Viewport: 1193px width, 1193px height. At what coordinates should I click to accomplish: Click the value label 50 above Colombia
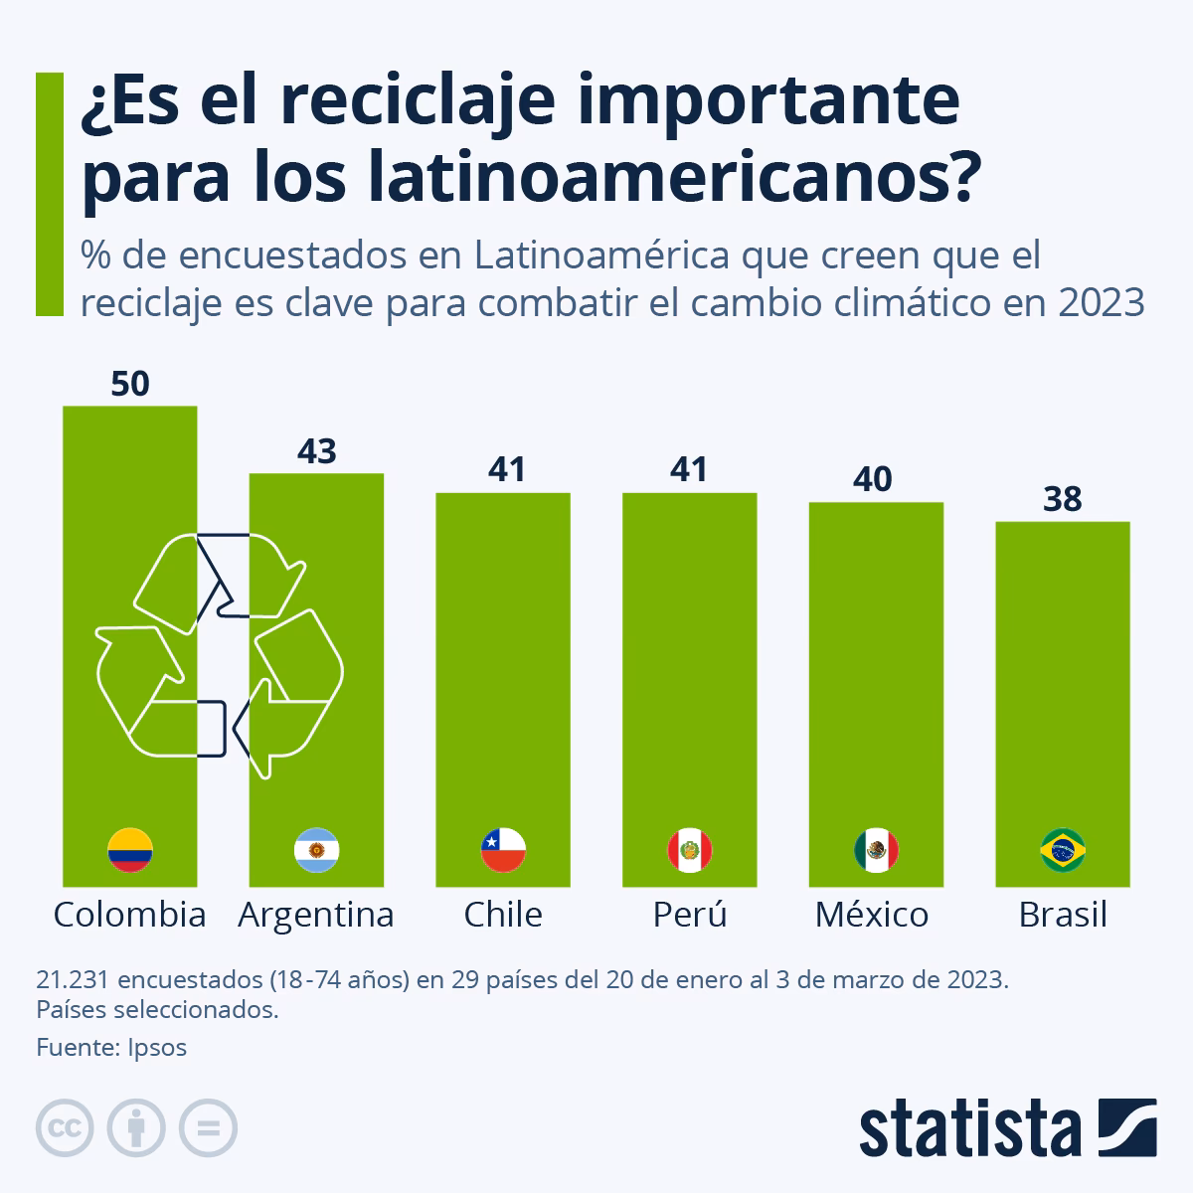pos(130,384)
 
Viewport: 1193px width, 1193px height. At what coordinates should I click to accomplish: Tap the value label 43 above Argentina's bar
pos(317,451)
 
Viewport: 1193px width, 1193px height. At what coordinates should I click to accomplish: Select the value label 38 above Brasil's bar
pos(1063,499)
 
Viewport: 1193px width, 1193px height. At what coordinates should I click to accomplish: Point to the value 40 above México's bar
pos(876,480)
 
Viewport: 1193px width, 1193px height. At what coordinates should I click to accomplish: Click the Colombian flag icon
pos(130,850)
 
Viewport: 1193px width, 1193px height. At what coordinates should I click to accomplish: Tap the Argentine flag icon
pos(317,850)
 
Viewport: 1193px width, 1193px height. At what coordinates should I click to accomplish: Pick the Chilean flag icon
pos(503,850)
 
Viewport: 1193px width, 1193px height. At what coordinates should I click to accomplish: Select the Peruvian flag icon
pos(690,850)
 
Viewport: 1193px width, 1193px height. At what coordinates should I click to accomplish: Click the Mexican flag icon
pos(876,850)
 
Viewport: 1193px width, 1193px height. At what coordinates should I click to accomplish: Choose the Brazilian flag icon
pos(1063,850)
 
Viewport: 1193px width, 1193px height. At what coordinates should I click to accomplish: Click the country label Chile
pos(503,915)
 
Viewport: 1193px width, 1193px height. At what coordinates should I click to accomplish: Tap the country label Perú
pos(690,915)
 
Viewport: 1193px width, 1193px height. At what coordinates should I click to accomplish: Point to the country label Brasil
pos(1063,915)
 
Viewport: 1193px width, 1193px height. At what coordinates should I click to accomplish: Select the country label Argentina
pos(316,915)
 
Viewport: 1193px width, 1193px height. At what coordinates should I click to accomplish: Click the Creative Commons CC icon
pos(65,1128)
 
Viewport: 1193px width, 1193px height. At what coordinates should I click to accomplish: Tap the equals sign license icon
pos(208,1128)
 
